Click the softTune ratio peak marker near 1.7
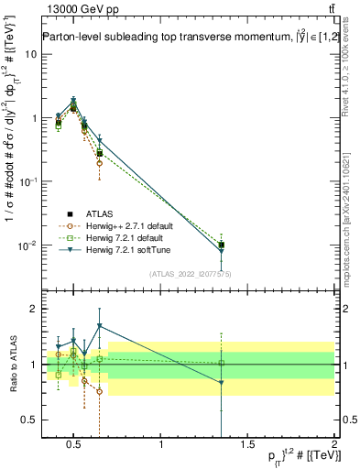point(99,326)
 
